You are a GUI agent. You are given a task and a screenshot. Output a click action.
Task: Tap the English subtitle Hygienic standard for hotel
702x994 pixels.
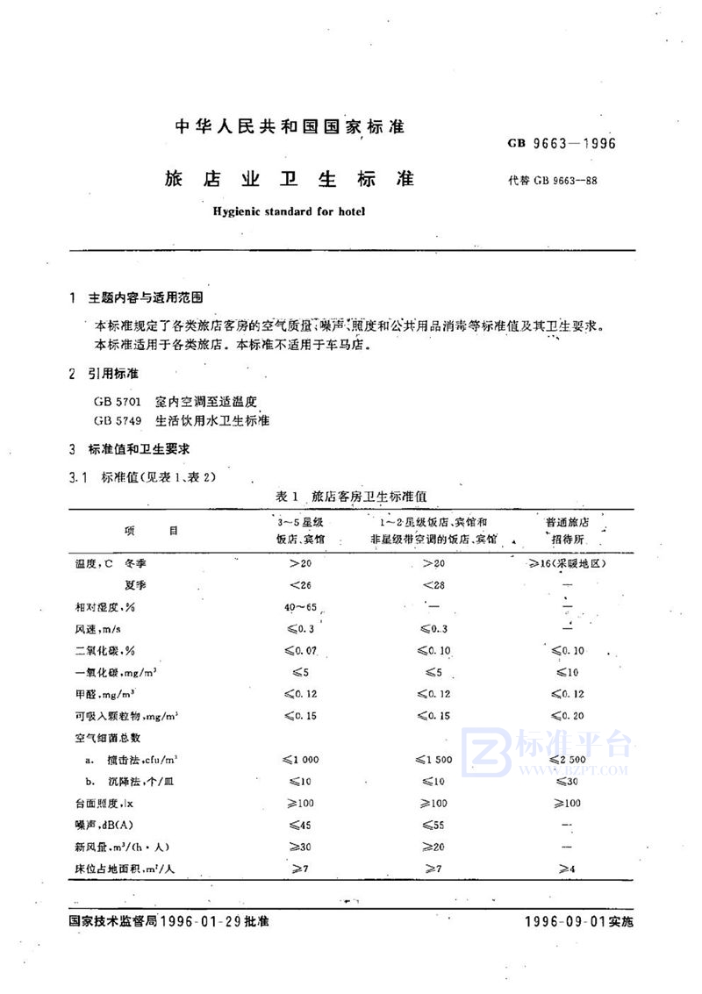pos(289,211)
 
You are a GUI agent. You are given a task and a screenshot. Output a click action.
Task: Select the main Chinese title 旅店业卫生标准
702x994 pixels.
pos(290,178)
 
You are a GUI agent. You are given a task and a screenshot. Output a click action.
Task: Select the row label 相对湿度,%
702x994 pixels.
pos(100,606)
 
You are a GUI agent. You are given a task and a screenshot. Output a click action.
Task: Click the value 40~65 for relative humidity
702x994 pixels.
pos(299,606)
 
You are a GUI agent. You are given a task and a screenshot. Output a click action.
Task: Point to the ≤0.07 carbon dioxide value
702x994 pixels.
pos(299,651)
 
